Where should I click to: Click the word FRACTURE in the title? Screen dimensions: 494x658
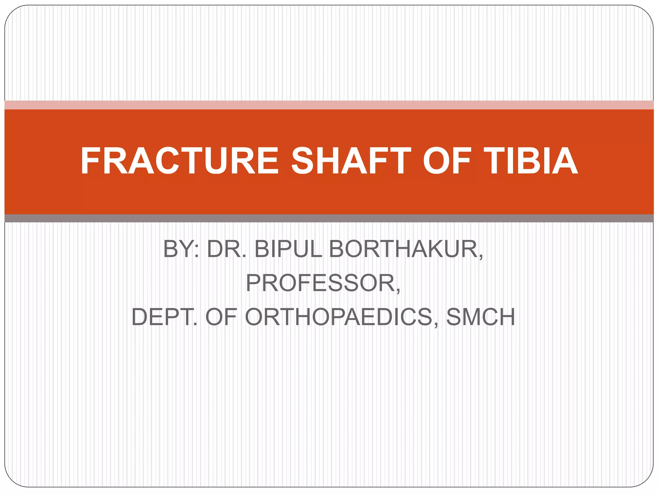tap(180, 161)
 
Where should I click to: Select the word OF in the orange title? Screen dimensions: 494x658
tap(447, 161)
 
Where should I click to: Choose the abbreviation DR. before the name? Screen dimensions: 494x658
tap(227, 249)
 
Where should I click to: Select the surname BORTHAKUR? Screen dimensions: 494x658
tap(404, 249)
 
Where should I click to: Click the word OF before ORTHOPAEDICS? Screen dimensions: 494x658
tap(221, 317)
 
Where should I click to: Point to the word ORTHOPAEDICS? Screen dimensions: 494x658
tap(339, 317)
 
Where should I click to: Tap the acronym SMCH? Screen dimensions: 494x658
tap(481, 317)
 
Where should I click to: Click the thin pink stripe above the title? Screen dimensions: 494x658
tap(329, 105)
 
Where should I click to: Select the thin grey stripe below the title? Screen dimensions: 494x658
tap(329, 218)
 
